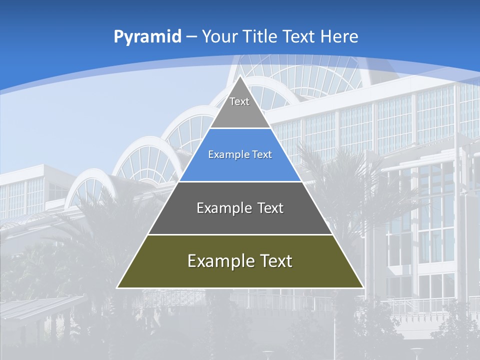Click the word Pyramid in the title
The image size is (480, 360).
coord(147,37)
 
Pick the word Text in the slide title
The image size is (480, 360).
coord(300,37)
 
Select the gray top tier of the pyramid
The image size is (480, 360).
coord(240,112)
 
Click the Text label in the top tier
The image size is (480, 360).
coord(239,102)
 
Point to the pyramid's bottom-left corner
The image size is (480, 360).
coord(117,287)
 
